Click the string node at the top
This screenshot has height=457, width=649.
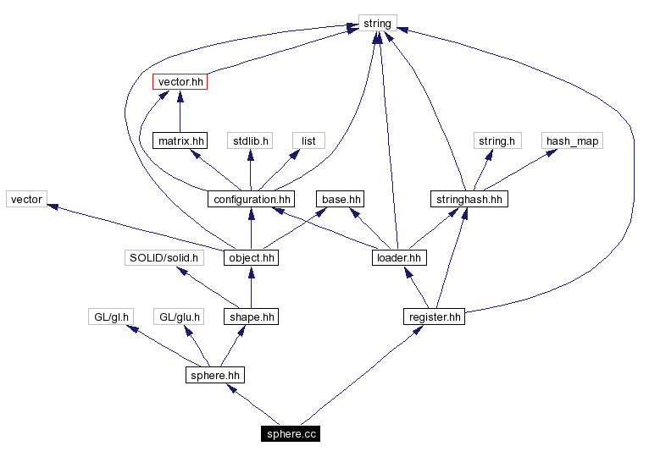point(377,24)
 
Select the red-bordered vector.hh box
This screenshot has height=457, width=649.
point(180,82)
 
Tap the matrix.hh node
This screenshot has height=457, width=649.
point(180,140)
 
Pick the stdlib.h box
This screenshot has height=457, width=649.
point(249,140)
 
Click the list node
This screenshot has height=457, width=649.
point(308,140)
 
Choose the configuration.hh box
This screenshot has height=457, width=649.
point(250,200)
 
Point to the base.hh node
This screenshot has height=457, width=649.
point(341,200)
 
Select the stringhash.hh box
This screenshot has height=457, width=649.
point(469,200)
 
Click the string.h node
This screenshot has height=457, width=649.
point(496,140)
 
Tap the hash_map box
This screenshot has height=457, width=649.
point(572,140)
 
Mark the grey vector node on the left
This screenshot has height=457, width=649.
point(26,200)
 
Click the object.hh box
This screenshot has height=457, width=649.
point(250,258)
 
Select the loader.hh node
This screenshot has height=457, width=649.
point(397,258)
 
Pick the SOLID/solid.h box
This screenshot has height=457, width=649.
point(164,258)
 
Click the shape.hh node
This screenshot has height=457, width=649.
point(250,317)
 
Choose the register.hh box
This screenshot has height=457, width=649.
point(434,317)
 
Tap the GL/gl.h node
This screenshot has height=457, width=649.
point(111,317)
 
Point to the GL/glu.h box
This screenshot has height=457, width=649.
point(180,317)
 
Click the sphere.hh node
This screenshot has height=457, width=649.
point(215,375)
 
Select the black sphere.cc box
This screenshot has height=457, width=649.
point(291,434)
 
